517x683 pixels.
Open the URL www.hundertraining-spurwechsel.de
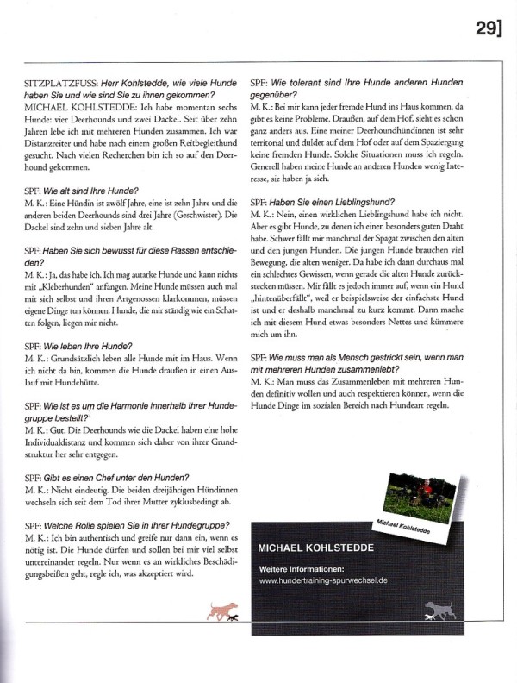tap(322, 582)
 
